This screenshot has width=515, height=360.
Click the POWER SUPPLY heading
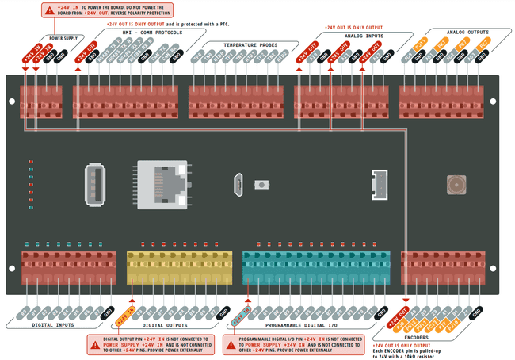(x=63, y=37)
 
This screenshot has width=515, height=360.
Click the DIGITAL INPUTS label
(x=53, y=324)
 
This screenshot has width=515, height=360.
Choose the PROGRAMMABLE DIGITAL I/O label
(x=300, y=325)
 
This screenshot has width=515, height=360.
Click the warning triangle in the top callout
(x=50, y=10)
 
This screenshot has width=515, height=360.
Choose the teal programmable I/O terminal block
(x=318, y=267)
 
